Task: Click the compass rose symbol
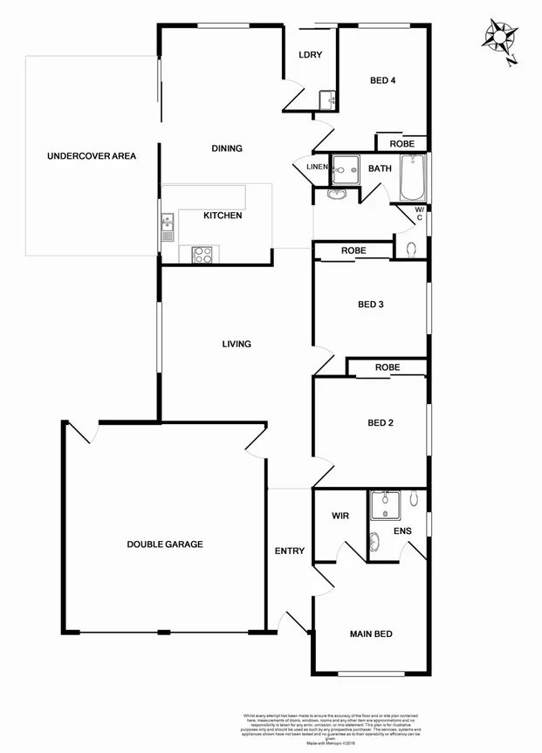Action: coord(500,39)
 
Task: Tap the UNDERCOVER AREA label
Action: coord(92,156)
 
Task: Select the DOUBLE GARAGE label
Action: coord(165,544)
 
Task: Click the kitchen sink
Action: coord(167,228)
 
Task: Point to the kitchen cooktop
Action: coord(202,255)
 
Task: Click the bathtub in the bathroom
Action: coord(413,177)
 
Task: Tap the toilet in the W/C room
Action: coord(412,248)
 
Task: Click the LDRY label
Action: coord(310,55)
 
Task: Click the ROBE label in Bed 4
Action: coord(401,143)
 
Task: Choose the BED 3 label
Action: coord(371,305)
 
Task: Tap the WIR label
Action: coord(340,516)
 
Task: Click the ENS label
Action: coord(402,530)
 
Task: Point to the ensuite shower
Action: coord(384,504)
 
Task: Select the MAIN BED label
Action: coord(371,633)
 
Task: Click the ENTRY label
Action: coord(290,551)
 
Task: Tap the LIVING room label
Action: coord(237,344)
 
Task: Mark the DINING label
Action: coord(227,148)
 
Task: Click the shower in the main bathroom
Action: coord(349,166)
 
